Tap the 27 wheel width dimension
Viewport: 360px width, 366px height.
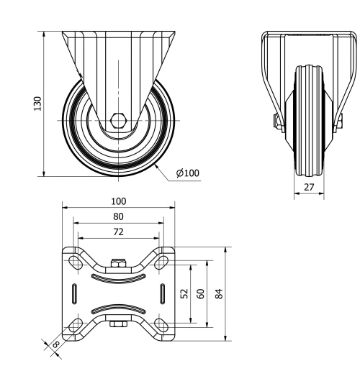point(309,187)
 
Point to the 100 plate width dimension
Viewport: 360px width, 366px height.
point(119,201)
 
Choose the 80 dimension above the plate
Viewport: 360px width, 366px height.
point(119,216)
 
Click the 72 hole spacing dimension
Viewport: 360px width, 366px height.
point(119,232)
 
